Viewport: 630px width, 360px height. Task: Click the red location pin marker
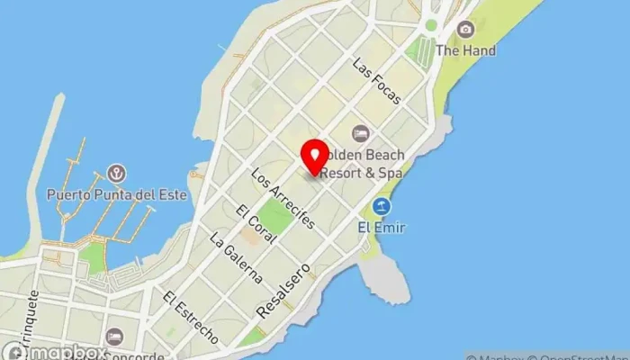pyautogui.click(x=313, y=157)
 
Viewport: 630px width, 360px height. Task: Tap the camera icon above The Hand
pyautogui.click(x=465, y=30)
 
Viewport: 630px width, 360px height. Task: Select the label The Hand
pyautogui.click(x=465, y=51)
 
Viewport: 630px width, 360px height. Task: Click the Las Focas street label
pyautogui.click(x=377, y=82)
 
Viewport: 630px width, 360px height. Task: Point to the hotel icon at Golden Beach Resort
pyautogui.click(x=361, y=133)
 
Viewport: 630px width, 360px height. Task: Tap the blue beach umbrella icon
pyautogui.click(x=382, y=206)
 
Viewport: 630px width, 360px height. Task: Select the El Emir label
pyautogui.click(x=382, y=228)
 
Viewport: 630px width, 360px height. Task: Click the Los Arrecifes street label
pyautogui.click(x=283, y=197)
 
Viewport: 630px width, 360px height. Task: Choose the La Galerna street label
pyautogui.click(x=235, y=259)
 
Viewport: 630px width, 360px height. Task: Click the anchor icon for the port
pyautogui.click(x=116, y=172)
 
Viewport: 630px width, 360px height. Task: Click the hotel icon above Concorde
pyautogui.click(x=114, y=336)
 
